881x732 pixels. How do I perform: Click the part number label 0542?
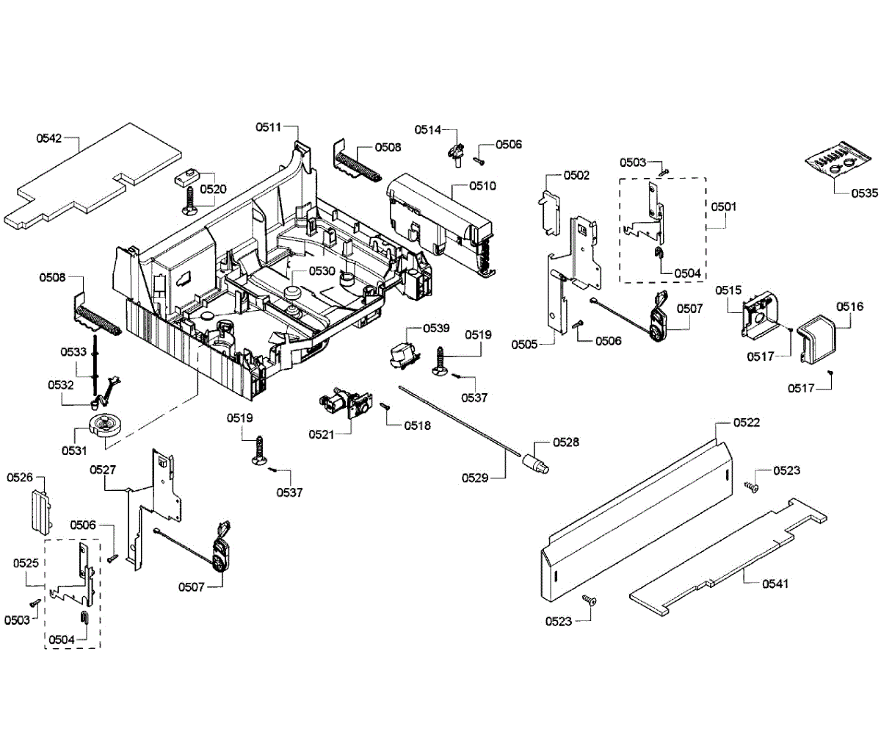click(49, 137)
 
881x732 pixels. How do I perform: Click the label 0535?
click(864, 194)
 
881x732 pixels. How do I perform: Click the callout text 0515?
click(728, 291)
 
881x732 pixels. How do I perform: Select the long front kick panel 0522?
click(631, 514)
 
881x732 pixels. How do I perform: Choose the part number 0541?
click(776, 584)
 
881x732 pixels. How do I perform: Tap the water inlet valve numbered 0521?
click(342, 405)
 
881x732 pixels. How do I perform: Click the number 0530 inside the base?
click(322, 270)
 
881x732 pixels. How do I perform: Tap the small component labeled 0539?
click(402, 356)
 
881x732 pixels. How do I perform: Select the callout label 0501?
click(723, 207)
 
